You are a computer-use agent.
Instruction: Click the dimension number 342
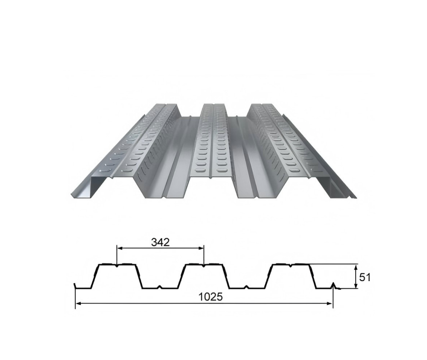160,242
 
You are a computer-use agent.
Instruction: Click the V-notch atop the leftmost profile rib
117,266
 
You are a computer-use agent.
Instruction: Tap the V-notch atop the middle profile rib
204,266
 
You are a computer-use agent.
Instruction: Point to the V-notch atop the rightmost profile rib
291,266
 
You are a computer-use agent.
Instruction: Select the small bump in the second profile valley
246,287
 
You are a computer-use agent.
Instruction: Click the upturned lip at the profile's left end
75,286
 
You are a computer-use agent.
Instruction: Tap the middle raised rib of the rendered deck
212,145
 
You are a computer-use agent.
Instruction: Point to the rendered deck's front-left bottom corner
72,197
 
